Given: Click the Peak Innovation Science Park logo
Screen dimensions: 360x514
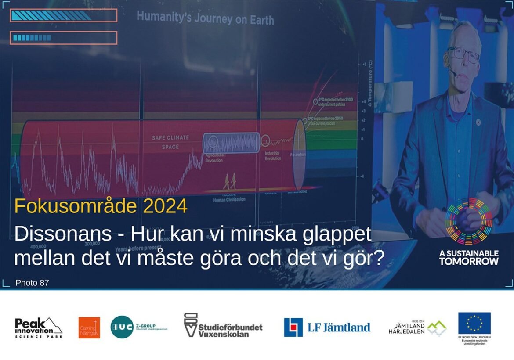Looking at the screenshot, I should (x=39, y=328).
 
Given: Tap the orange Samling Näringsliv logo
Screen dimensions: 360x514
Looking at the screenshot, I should (x=89, y=328).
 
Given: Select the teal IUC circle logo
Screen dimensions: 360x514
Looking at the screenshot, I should (x=122, y=327).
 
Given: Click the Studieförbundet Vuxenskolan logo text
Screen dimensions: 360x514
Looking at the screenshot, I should (x=223, y=326).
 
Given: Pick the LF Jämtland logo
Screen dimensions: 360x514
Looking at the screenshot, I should (x=327, y=327).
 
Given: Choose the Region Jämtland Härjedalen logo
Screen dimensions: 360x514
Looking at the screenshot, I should (x=417, y=328).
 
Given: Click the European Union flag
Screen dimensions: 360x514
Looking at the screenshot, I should (x=474, y=323).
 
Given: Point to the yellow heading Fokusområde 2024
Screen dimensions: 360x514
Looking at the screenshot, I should (x=101, y=206).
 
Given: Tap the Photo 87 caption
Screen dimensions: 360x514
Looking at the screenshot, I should (x=32, y=283).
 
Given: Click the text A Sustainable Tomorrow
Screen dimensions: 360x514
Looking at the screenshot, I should (x=469, y=258).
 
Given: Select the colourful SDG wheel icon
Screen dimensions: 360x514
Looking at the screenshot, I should (x=468, y=221).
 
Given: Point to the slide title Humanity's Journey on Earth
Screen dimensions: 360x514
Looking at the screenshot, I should (x=205, y=18).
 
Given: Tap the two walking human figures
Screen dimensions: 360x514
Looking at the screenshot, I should (x=229, y=181).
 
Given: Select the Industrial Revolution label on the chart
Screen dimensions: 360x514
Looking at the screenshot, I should (x=273, y=156).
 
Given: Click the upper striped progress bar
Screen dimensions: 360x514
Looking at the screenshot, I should (x=63, y=15).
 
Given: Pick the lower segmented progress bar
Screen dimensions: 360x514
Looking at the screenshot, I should (x=63, y=38).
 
